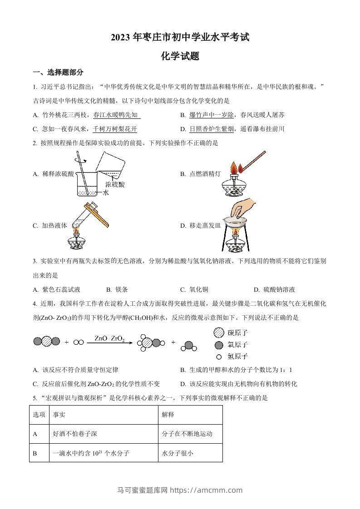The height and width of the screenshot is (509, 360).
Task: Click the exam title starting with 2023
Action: click(180, 38)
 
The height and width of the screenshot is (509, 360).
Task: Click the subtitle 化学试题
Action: click(180, 56)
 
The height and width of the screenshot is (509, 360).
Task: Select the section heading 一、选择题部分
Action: click(58, 73)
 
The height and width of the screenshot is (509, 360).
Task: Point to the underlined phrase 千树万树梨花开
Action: click(114, 129)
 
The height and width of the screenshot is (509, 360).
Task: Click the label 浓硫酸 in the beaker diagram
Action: click(114, 185)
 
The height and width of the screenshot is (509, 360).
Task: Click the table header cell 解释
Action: click(168, 415)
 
